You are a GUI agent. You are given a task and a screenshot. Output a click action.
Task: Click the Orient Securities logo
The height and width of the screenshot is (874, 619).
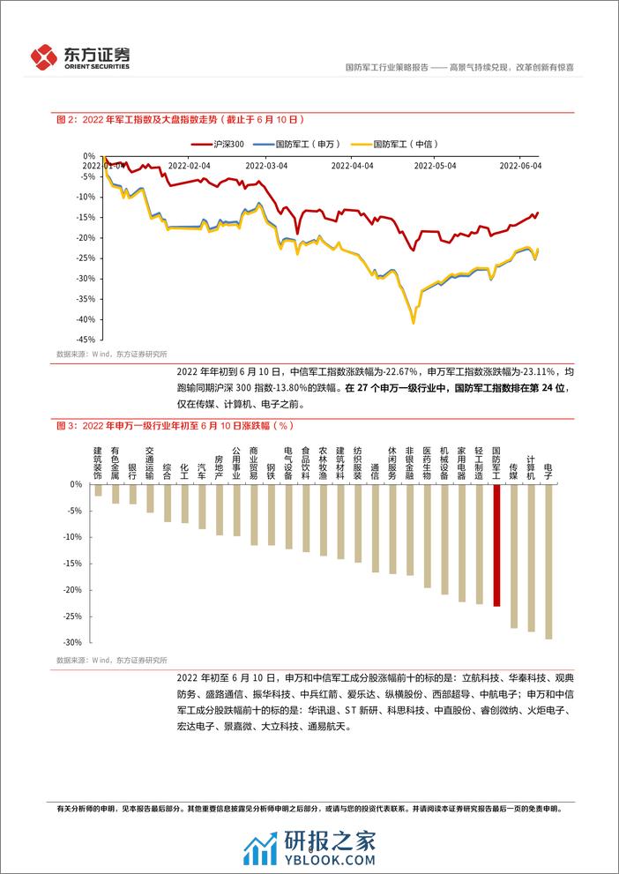(x=80, y=56)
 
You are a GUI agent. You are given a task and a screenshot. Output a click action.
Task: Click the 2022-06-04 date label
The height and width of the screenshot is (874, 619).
(x=520, y=165)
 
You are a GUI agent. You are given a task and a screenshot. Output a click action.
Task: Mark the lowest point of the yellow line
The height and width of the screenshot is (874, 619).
(x=413, y=323)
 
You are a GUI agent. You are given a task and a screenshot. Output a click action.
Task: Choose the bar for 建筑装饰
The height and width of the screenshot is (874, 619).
(x=98, y=490)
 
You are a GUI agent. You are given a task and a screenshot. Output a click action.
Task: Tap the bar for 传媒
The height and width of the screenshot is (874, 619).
(x=514, y=556)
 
